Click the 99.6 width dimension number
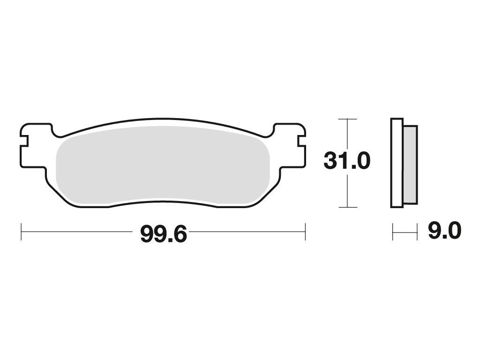pyautogui.click(x=164, y=234)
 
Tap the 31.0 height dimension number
pyautogui.click(x=347, y=160)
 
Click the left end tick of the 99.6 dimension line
pyautogui.click(x=21, y=232)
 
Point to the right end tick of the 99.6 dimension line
pyautogui.click(x=305, y=232)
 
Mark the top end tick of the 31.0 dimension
pyautogui.click(x=347, y=119)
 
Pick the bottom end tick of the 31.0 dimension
pyautogui.click(x=347, y=207)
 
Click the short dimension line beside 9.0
pyautogui.click(x=405, y=232)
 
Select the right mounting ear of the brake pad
pyautogui.click(x=291, y=146)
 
